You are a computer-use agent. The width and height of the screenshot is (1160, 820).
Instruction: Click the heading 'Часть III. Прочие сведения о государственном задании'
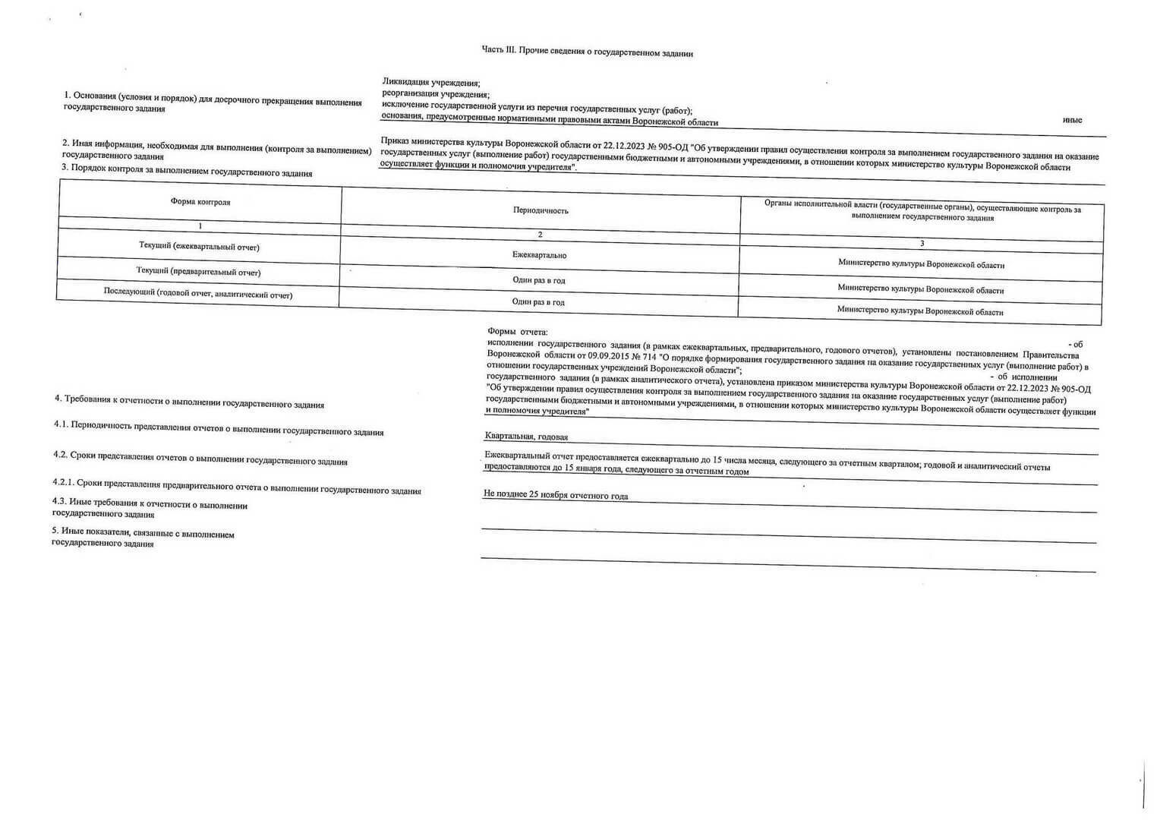pyautogui.click(x=587, y=52)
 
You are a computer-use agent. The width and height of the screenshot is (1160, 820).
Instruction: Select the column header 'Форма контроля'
pyautogui.click(x=200, y=202)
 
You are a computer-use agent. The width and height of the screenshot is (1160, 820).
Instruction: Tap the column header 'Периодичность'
pyautogui.click(x=541, y=210)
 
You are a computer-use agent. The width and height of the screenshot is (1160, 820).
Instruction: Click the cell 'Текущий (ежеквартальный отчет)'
pyautogui.click(x=199, y=247)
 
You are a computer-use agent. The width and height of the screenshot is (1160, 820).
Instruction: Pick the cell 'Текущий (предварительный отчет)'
pyautogui.click(x=198, y=271)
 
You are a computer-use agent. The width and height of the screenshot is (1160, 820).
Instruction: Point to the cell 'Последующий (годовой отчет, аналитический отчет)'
pyautogui.click(x=197, y=295)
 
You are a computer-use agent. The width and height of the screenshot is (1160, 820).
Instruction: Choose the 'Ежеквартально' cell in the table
pyautogui.click(x=539, y=256)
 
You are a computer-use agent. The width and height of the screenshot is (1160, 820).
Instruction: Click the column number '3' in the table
pyautogui.click(x=922, y=244)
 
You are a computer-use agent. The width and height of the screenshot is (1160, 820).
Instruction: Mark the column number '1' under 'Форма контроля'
pyautogui.click(x=200, y=226)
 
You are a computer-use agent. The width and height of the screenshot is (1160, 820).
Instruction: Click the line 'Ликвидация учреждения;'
pyautogui.click(x=431, y=82)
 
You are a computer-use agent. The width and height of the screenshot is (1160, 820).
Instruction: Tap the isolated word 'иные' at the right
pyautogui.click(x=1072, y=120)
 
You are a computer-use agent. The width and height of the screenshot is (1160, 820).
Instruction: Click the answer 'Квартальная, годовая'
pyautogui.click(x=526, y=437)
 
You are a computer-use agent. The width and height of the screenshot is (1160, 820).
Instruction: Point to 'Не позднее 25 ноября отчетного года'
pyautogui.click(x=556, y=496)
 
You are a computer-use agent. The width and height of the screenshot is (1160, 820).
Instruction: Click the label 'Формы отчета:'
pyautogui.click(x=517, y=332)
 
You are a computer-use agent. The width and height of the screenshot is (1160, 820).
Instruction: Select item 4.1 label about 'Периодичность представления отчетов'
pyautogui.click(x=219, y=428)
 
